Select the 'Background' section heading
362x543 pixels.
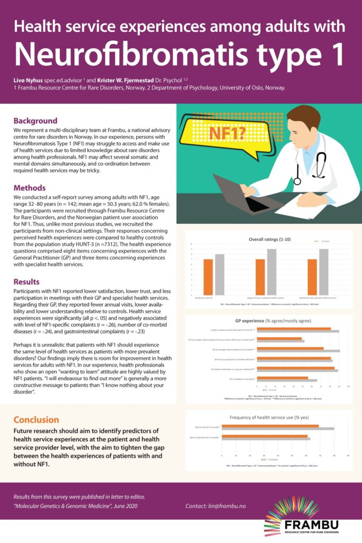click(36, 120)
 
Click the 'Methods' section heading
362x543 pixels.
click(30, 188)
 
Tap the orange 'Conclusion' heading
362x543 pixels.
click(37, 419)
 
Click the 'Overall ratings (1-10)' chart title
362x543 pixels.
click(270, 240)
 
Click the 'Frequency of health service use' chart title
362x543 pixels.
click(270, 416)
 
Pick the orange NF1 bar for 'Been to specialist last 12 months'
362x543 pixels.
click(264, 436)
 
